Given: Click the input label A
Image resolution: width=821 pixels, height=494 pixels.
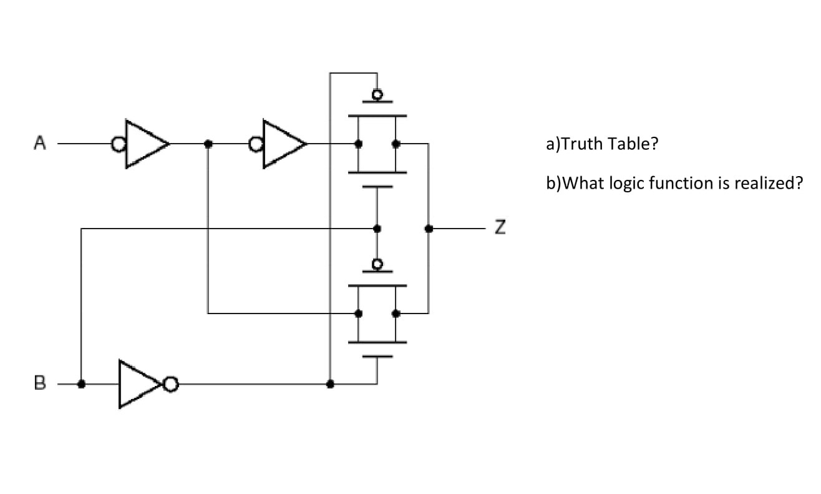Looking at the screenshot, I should [40, 144].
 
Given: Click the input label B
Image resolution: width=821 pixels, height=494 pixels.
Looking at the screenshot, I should [40, 383].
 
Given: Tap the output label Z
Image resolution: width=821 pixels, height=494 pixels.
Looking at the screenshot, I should [499, 229].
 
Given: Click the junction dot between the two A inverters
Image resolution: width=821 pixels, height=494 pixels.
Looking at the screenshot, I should [208, 144].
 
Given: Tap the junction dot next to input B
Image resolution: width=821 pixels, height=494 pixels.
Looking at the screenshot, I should [81, 383].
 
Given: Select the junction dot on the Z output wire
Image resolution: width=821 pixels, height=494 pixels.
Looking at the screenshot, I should [428, 229].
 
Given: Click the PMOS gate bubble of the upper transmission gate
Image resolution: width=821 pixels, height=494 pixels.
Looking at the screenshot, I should [377, 95].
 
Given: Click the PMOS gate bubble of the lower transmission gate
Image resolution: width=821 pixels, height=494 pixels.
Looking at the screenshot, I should [377, 265].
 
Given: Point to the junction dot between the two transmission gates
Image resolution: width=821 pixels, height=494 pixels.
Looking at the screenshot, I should [377, 229].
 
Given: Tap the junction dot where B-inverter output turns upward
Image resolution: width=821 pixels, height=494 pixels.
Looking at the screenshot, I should [330, 383].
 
